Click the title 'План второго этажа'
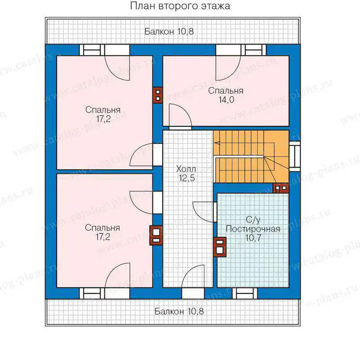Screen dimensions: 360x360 180,6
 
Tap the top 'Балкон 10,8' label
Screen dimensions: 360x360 169,31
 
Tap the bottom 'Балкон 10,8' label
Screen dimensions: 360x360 179,311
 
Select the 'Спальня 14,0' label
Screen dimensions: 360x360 226,95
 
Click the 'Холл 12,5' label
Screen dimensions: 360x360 186,173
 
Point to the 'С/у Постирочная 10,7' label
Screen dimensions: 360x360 253,229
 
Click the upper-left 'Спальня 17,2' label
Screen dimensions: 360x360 103,114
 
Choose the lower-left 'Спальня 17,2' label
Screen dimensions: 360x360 103,232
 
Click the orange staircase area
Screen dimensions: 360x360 251,157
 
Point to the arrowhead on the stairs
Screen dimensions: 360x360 217,143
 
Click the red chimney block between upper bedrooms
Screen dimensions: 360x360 158,95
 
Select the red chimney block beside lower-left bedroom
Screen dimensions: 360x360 156,235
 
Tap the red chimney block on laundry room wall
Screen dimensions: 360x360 220,247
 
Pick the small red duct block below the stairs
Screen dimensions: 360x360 281,188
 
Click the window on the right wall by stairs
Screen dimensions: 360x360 295,156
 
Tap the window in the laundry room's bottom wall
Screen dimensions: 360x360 245,293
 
